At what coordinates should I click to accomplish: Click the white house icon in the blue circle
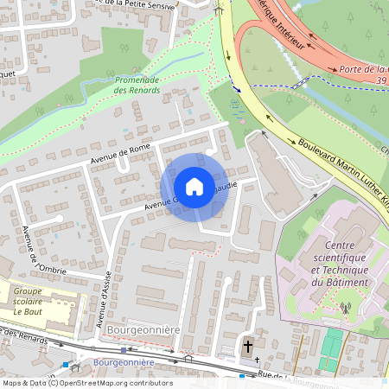pyautogui.click(x=194, y=187)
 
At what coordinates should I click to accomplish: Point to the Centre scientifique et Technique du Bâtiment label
pyautogui.click(x=340, y=263)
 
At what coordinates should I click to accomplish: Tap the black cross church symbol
pyautogui.click(x=248, y=347)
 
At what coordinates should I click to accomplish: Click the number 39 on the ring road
pyautogui.click(x=379, y=80)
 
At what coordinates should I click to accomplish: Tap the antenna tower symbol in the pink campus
pyautogui.click(x=346, y=308)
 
